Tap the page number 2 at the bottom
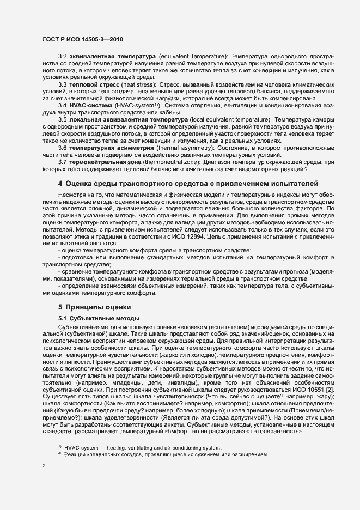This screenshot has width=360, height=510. pos(44,466)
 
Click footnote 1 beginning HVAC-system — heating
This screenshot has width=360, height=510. pos(143,448)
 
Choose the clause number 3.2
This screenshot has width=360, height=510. pos(62,56)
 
